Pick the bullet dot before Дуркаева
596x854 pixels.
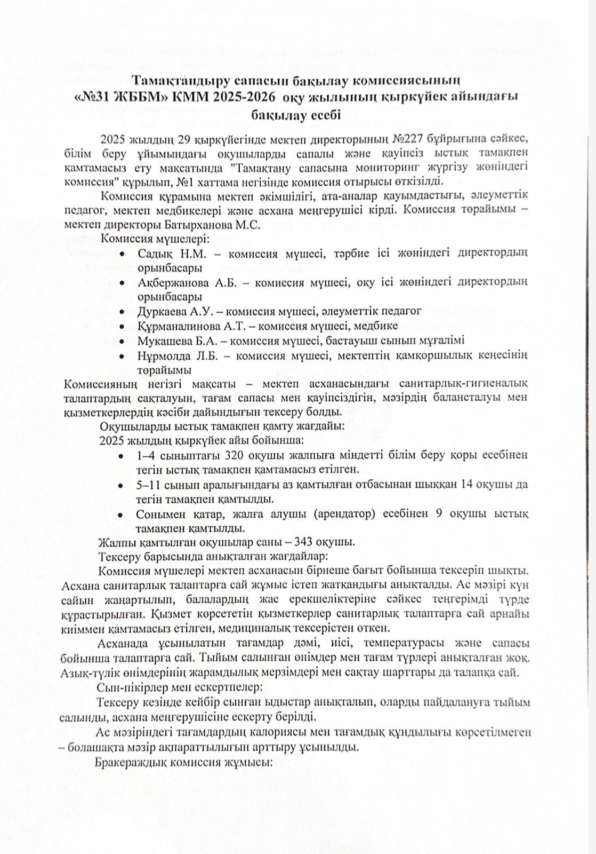pyautogui.click(x=123, y=311)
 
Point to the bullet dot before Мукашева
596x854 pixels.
pyautogui.click(x=123, y=341)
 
